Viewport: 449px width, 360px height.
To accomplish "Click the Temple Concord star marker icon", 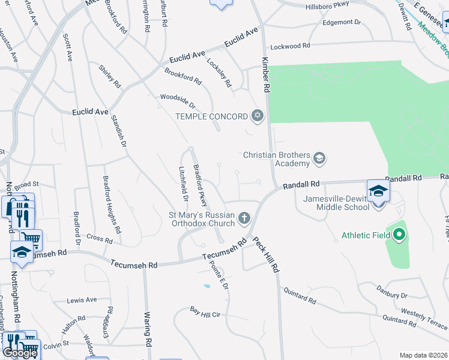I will click(258, 116).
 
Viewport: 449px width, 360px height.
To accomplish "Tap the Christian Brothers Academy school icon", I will click(319, 158).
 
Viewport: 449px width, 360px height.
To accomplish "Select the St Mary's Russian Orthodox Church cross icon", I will click(244, 218).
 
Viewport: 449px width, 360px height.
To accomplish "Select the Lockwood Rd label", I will click(290, 46).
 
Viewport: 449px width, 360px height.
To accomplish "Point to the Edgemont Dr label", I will click(342, 22).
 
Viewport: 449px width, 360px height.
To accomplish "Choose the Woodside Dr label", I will click(178, 101).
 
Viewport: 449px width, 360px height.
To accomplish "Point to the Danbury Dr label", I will click(391, 296).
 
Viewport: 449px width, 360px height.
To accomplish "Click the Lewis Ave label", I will click(82, 300).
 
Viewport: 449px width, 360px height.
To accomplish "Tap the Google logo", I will click(20, 353).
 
